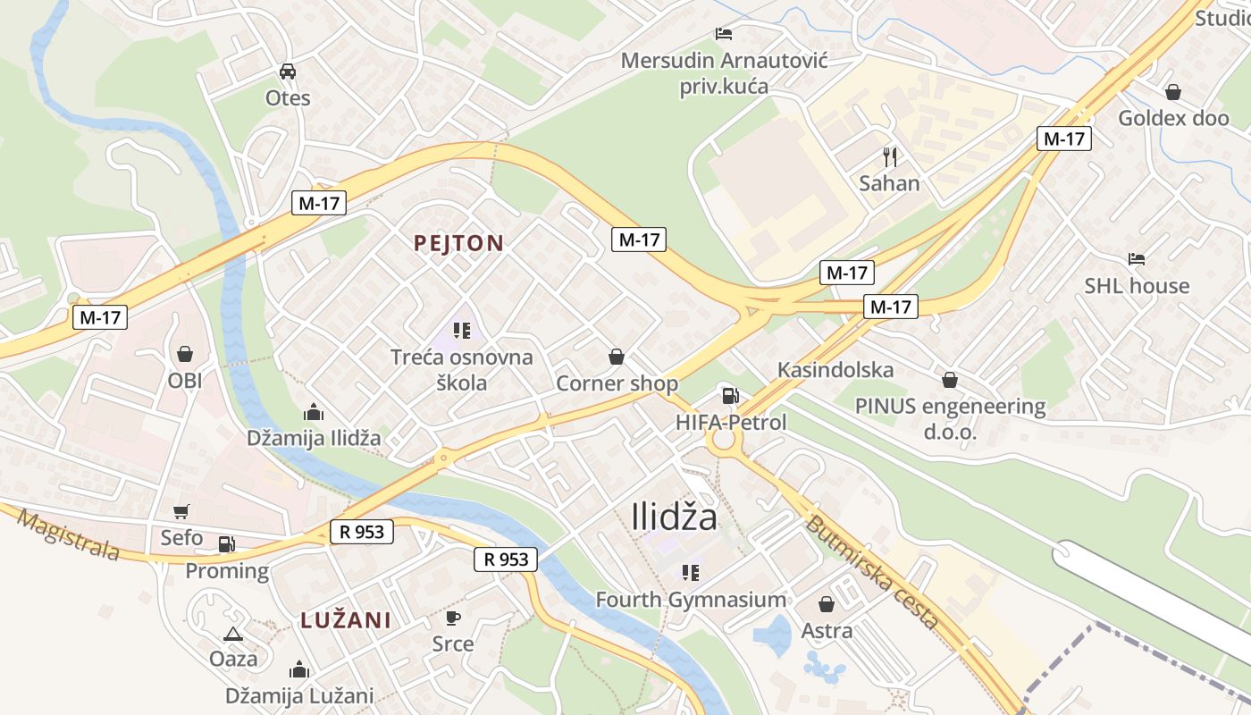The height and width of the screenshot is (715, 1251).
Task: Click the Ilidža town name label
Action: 674,517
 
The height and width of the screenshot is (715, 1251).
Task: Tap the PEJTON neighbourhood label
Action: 458,242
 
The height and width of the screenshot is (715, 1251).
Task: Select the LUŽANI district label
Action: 346,620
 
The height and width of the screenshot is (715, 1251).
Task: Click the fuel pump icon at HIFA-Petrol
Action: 730,396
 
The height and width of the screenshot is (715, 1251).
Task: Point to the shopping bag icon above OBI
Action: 185,354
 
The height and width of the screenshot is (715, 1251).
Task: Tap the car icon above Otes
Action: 288,71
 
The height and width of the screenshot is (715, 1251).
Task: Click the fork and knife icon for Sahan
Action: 889,157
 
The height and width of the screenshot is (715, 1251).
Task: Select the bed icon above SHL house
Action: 1137,259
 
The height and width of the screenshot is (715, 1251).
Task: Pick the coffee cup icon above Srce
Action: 453,618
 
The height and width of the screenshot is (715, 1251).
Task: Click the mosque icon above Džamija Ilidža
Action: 314,412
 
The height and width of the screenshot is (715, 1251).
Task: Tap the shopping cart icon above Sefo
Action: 181,512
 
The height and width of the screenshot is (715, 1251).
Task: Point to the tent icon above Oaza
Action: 233,634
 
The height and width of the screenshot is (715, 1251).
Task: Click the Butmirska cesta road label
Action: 871,572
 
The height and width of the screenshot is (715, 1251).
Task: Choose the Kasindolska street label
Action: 835,370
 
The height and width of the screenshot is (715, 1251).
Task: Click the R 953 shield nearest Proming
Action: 362,532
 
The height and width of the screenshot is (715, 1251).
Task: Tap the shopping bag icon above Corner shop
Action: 617,357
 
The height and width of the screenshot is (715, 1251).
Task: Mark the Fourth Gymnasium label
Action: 691,600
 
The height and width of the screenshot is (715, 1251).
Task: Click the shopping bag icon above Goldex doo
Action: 1173,92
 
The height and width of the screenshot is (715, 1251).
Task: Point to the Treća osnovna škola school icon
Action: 461,332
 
